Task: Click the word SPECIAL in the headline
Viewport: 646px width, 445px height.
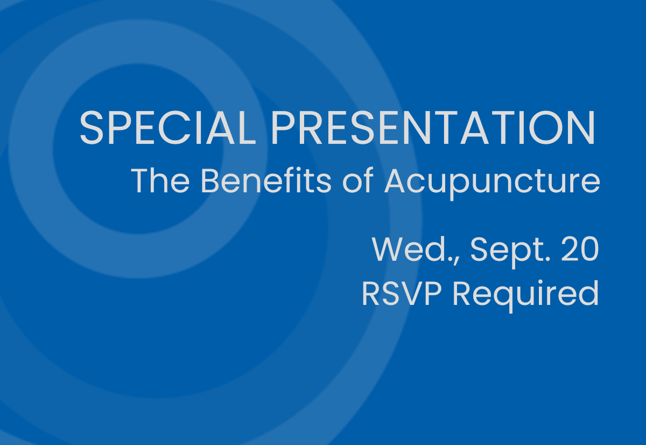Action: [168, 127]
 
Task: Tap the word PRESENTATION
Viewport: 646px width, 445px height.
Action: [433, 127]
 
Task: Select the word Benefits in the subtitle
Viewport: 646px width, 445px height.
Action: [266, 180]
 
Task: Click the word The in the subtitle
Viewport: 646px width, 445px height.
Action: [160, 180]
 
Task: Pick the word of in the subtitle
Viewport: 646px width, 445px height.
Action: [358, 180]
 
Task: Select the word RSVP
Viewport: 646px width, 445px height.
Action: [402, 294]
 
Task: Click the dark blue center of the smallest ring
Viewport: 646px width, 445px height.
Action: [138, 149]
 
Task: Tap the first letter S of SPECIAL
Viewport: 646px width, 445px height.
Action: [92, 127]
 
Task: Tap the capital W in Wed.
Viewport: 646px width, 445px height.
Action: [388, 249]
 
